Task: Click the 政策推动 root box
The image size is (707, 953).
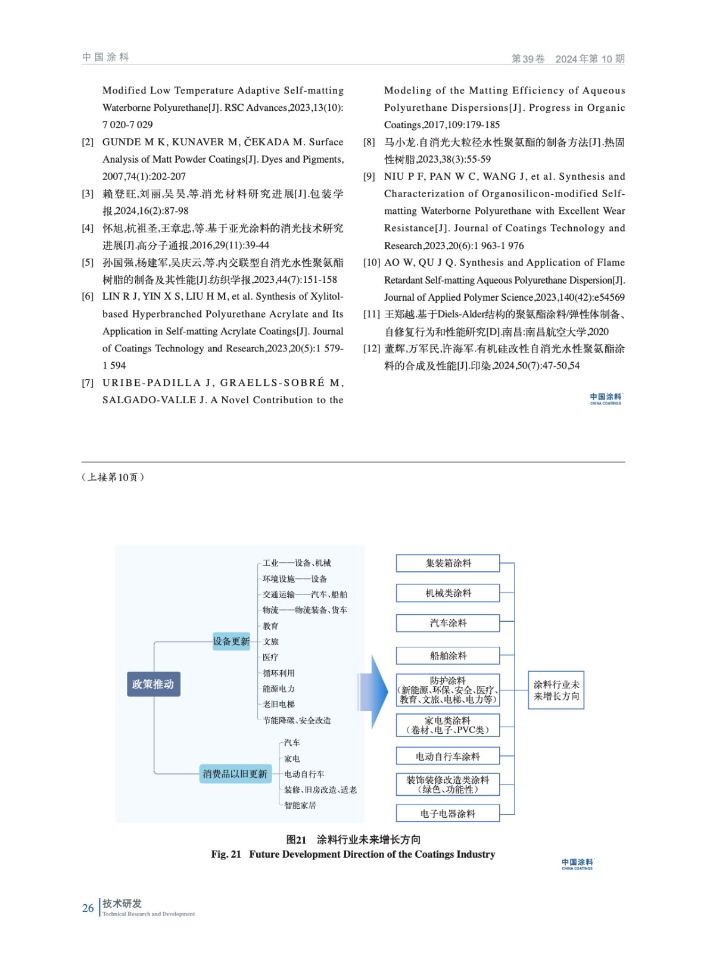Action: [x=153, y=684]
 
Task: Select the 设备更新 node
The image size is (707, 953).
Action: [x=231, y=641]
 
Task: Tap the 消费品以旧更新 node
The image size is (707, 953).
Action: [x=235, y=774]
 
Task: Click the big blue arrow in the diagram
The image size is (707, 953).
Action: [x=373, y=692]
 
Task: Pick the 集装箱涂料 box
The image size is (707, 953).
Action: [x=448, y=563]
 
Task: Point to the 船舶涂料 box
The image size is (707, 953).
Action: [x=448, y=656]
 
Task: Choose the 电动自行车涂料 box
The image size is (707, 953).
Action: [x=448, y=756]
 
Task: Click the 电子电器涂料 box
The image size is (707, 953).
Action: [x=448, y=814]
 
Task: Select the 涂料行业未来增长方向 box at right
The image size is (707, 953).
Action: [x=556, y=690]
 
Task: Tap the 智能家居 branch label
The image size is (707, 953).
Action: [x=300, y=805]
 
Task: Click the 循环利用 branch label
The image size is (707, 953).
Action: [x=279, y=673]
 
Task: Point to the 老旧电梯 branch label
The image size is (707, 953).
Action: [x=279, y=704]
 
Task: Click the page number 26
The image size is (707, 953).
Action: [x=88, y=908]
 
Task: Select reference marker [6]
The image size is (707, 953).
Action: [x=88, y=297]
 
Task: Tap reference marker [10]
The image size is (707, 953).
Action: [x=372, y=263]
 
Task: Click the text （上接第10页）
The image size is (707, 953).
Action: [x=113, y=477]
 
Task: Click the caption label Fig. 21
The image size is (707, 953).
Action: [x=226, y=854]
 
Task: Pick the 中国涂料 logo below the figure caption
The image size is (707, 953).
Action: [x=577, y=864]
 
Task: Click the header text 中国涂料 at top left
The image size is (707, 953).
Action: [x=106, y=57]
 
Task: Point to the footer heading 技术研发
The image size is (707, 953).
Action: [x=122, y=904]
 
